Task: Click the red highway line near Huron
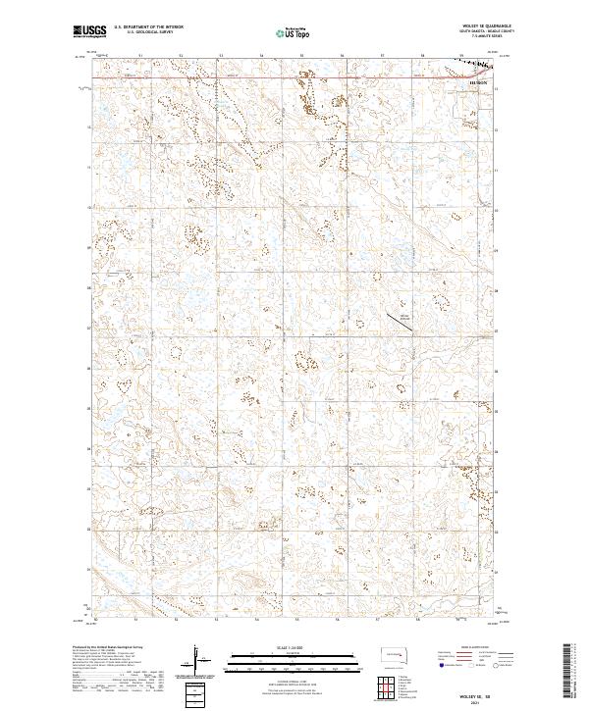[x=294, y=75]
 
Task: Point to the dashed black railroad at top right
[x=476, y=65]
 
